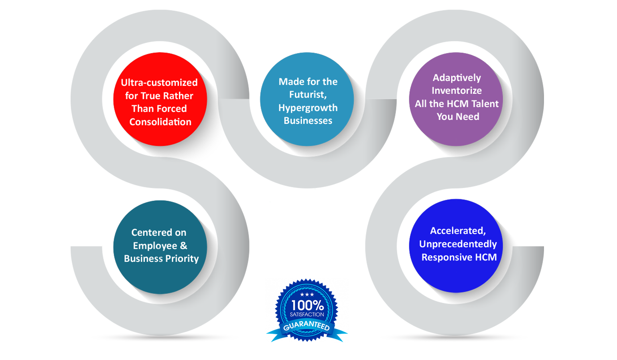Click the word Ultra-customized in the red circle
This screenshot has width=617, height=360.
(x=159, y=83)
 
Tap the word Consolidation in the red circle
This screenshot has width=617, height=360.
(x=160, y=122)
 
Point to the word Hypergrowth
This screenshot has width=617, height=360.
(x=308, y=108)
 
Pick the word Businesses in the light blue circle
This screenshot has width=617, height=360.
(x=308, y=121)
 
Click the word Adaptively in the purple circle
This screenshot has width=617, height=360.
(x=457, y=78)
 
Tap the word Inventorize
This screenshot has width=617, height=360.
(x=457, y=91)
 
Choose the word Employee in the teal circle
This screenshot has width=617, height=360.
(x=155, y=246)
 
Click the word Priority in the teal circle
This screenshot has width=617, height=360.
(x=182, y=259)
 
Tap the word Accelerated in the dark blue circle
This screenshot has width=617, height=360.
(x=457, y=231)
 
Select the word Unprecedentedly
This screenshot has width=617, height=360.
(x=458, y=244)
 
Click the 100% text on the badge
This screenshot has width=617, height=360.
(x=307, y=305)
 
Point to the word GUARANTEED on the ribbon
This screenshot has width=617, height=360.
(x=306, y=326)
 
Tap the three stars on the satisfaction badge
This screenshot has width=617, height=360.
(x=307, y=295)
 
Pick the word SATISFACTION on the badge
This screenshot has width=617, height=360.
(x=307, y=315)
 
